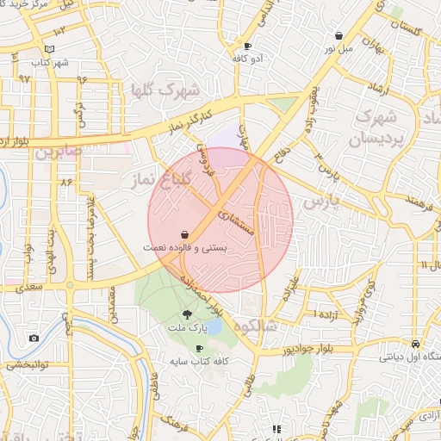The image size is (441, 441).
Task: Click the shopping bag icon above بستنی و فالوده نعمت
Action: tap(185, 233)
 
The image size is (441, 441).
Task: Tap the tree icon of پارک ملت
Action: tap(188, 314)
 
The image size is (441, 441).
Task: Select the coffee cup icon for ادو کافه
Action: tap(248, 46)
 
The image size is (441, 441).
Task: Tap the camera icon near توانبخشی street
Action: tap(33, 338)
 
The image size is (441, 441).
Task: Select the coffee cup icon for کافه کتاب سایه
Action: tap(200, 349)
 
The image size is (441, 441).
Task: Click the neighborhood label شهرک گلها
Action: tap(166, 90)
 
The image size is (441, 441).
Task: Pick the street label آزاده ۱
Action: tap(326, 313)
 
